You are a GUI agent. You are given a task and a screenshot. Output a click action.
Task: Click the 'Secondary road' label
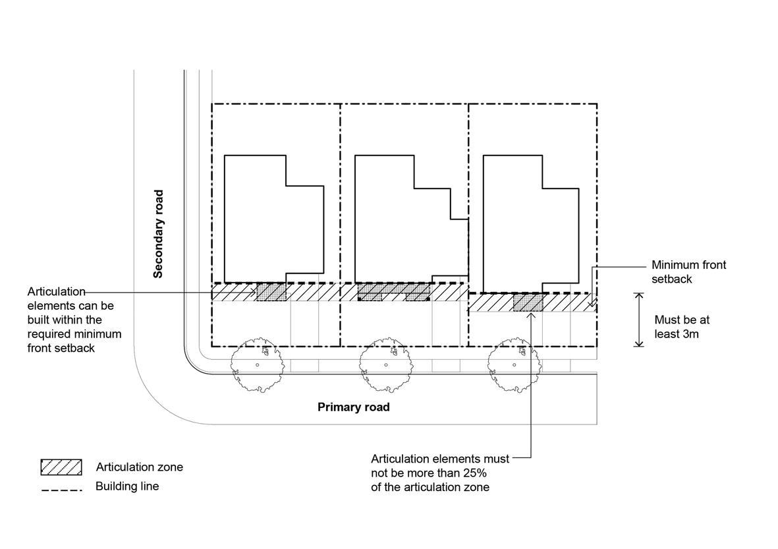(158, 234)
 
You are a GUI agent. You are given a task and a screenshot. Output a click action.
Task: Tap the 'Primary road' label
(353, 407)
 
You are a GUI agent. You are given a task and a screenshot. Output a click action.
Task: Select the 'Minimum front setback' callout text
(688, 272)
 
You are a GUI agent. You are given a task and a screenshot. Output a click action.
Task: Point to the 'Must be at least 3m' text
(682, 327)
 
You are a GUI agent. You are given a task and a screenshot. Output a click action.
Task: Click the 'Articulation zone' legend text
(140, 467)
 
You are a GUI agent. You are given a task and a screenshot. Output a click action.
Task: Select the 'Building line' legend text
(127, 487)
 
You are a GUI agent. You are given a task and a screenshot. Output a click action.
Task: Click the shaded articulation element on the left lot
(271, 292)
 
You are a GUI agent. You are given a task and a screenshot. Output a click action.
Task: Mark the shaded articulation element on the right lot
(528, 303)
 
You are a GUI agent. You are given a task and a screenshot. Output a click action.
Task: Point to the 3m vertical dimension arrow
(638, 320)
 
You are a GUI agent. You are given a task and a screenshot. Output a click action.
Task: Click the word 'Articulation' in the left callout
(57, 291)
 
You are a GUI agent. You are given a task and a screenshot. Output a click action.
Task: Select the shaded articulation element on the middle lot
(393, 292)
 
